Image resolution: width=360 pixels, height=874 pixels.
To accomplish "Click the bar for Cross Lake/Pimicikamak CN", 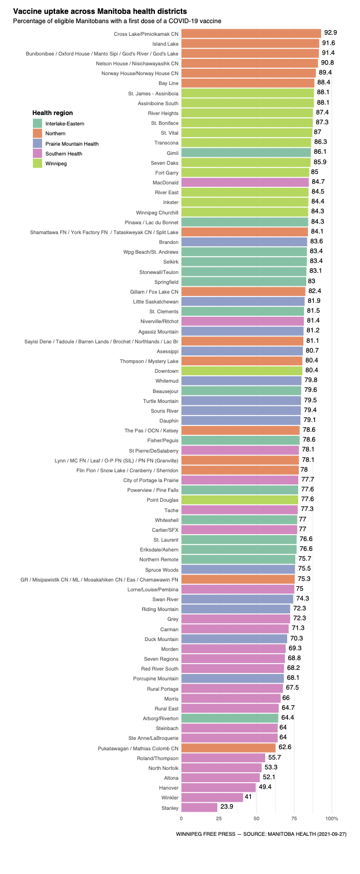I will click(251, 34).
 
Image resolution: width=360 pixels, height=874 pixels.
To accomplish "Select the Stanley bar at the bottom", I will click(199, 807).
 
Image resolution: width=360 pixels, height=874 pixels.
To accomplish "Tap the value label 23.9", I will click(227, 806).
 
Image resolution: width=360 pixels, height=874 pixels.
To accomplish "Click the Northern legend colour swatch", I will click(38, 134).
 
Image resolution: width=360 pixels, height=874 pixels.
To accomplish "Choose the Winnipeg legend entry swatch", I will click(38, 164).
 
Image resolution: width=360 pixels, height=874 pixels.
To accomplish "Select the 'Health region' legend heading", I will click(53, 113).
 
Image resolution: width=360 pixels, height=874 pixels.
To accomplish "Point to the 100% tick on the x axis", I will click(332, 819).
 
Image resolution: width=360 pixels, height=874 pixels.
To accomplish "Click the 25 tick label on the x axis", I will click(219, 819).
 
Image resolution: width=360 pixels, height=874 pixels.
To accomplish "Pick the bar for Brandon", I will click(244, 242).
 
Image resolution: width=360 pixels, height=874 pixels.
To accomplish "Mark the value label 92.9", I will click(331, 33).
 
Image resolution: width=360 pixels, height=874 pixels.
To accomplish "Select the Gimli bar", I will click(246, 152).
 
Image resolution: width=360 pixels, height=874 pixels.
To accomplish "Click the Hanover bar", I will click(218, 787).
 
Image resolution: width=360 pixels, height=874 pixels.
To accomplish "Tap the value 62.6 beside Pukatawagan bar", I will click(285, 747).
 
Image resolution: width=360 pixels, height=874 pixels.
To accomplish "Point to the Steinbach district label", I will click(167, 728).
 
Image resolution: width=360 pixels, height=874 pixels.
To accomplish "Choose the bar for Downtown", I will click(242, 371).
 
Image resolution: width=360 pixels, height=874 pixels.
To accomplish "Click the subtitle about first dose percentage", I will click(117, 21).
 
